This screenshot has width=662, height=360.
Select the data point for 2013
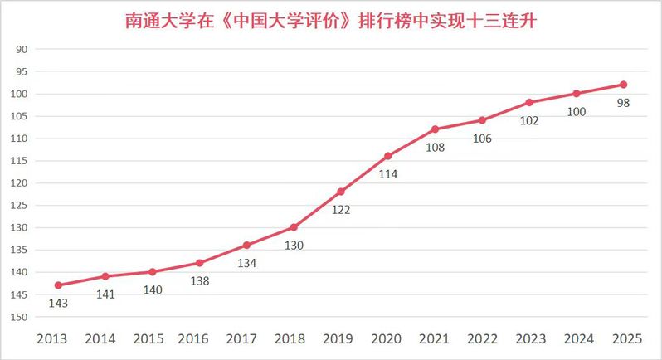click(x=58, y=285)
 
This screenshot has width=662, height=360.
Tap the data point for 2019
click(x=341, y=192)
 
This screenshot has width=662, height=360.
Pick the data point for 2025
click(x=623, y=85)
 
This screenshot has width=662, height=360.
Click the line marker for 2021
click(x=435, y=129)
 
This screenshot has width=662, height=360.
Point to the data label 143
click(x=58, y=304)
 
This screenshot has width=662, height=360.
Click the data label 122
click(x=341, y=210)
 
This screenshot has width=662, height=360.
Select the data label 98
click(x=623, y=103)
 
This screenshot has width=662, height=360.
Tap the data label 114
click(x=387, y=174)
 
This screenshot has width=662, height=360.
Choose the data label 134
click(x=246, y=263)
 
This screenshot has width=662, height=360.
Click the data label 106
click(x=482, y=139)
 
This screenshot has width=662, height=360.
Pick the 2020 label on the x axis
click(x=387, y=339)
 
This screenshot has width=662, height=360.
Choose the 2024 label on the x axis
click(x=576, y=339)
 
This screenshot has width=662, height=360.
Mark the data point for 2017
click(x=246, y=245)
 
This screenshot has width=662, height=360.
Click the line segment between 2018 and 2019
click(x=317, y=210)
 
